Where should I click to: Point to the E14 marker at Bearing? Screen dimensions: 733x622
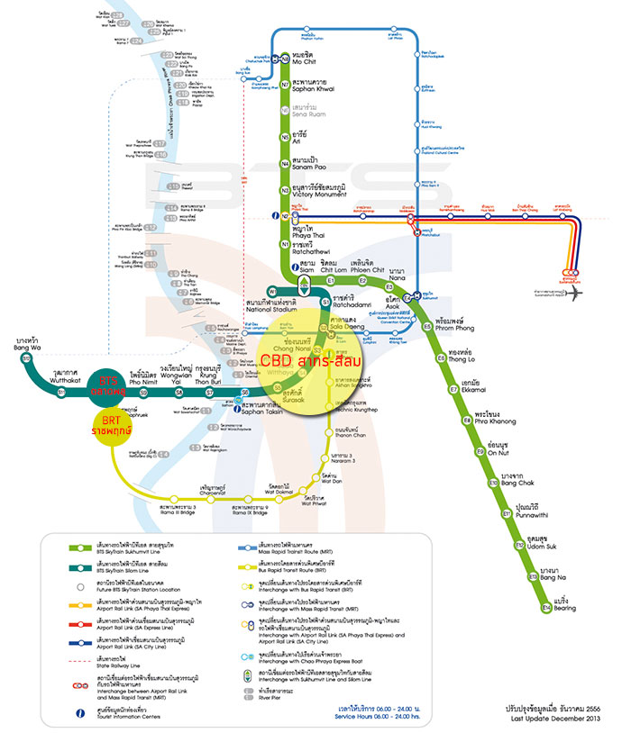(546, 610)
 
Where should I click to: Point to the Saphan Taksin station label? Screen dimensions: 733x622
(262, 410)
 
